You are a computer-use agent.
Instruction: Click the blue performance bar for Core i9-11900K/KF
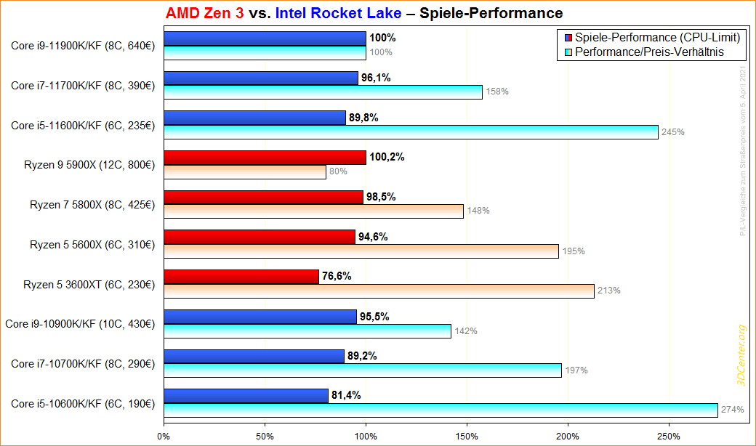click(x=265, y=38)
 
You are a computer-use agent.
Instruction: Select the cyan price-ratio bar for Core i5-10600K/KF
click(x=441, y=410)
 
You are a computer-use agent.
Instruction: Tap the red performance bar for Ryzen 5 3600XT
click(x=241, y=276)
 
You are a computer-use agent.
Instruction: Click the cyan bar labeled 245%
click(x=411, y=132)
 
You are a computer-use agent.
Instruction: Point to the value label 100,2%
click(x=387, y=157)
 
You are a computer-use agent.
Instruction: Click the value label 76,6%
click(x=338, y=276)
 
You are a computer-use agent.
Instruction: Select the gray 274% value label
click(x=732, y=410)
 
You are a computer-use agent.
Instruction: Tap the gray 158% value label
click(x=497, y=92)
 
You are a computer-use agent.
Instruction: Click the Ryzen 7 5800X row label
click(x=92, y=204)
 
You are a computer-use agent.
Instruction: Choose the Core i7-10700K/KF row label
click(x=82, y=362)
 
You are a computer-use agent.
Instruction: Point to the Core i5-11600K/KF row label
click(x=82, y=125)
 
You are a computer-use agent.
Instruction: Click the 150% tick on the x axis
click(x=467, y=437)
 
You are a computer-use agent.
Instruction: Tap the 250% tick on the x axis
click(x=669, y=437)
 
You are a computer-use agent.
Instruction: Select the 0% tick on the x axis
click(x=164, y=437)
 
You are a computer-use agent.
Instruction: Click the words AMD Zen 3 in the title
click(x=204, y=13)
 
